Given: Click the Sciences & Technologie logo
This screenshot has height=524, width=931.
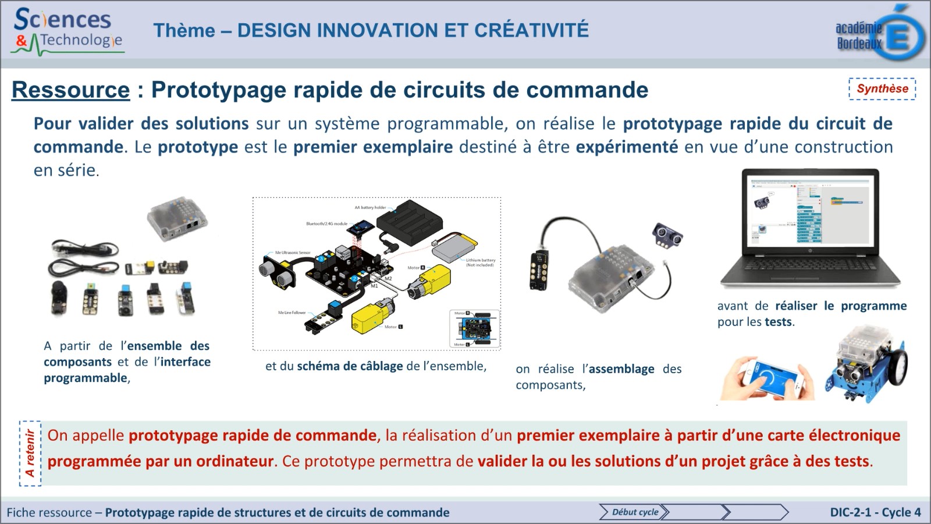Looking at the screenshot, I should click(x=67, y=30).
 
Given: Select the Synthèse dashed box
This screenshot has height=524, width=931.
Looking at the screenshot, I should click(x=882, y=89).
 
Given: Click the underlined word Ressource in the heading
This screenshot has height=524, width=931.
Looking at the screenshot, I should click(x=70, y=90).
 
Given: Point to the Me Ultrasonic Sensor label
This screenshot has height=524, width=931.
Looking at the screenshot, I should click(x=293, y=253).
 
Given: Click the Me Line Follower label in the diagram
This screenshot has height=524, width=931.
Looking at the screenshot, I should click(x=292, y=313).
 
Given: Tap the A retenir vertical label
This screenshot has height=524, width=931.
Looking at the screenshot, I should click(x=30, y=453).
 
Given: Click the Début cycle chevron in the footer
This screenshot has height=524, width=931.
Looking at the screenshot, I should click(x=634, y=512).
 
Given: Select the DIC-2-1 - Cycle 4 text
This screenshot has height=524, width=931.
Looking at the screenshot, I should click(x=875, y=512).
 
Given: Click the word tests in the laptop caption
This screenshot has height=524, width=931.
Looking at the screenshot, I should click(x=778, y=322).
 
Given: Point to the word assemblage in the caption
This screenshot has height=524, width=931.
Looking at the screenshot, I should click(x=621, y=369).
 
